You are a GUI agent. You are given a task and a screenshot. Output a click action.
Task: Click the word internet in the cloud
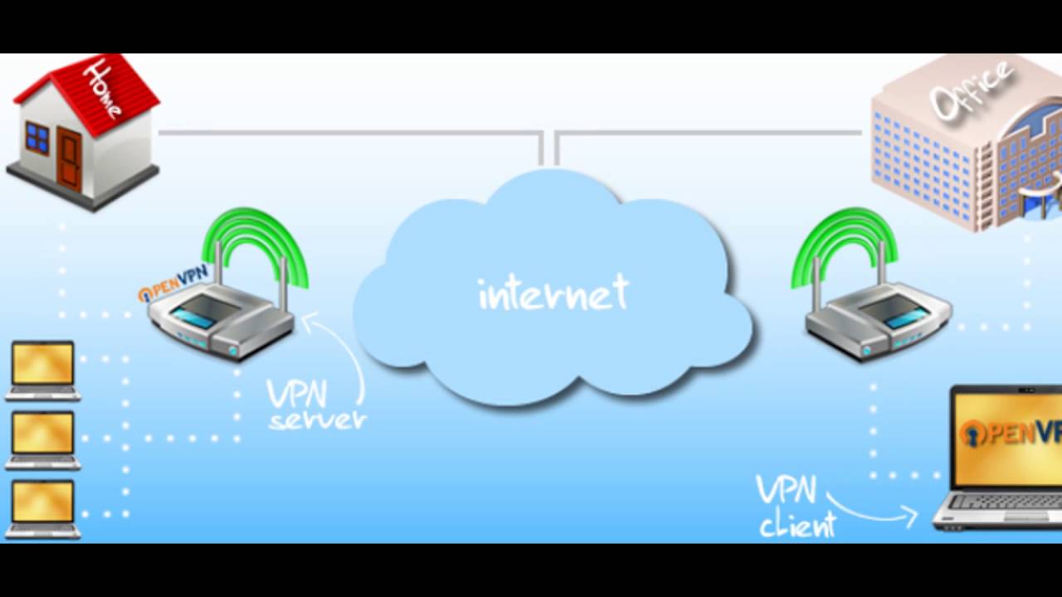tap(553, 294)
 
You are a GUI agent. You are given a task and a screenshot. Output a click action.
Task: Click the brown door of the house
tap(70, 159)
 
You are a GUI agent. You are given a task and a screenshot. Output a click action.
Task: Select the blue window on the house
tap(37, 137)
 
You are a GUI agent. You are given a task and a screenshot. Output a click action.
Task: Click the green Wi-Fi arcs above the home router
tap(255, 240)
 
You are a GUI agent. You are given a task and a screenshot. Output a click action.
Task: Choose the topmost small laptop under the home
tap(43, 370)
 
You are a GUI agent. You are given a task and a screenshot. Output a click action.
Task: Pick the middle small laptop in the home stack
tap(43, 439)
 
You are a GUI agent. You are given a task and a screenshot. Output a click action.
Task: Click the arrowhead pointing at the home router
tap(307, 320)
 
